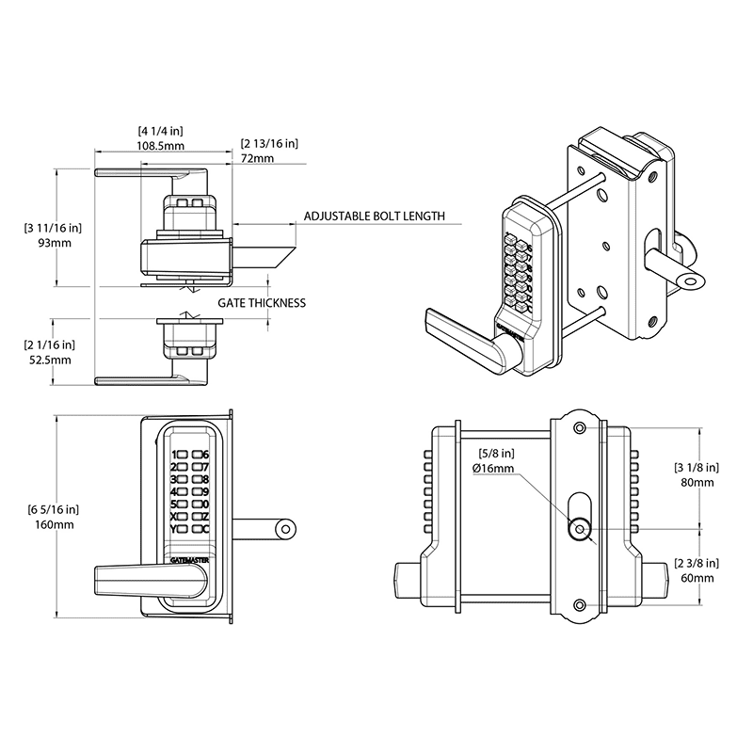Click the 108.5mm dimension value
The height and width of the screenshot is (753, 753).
161,147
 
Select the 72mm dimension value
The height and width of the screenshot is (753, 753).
257,159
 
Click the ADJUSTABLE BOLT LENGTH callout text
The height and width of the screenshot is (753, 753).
374,216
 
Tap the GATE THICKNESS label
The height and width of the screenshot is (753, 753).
262,303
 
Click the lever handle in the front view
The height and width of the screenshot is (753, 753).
141,579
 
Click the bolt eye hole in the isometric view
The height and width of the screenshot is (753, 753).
695,280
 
